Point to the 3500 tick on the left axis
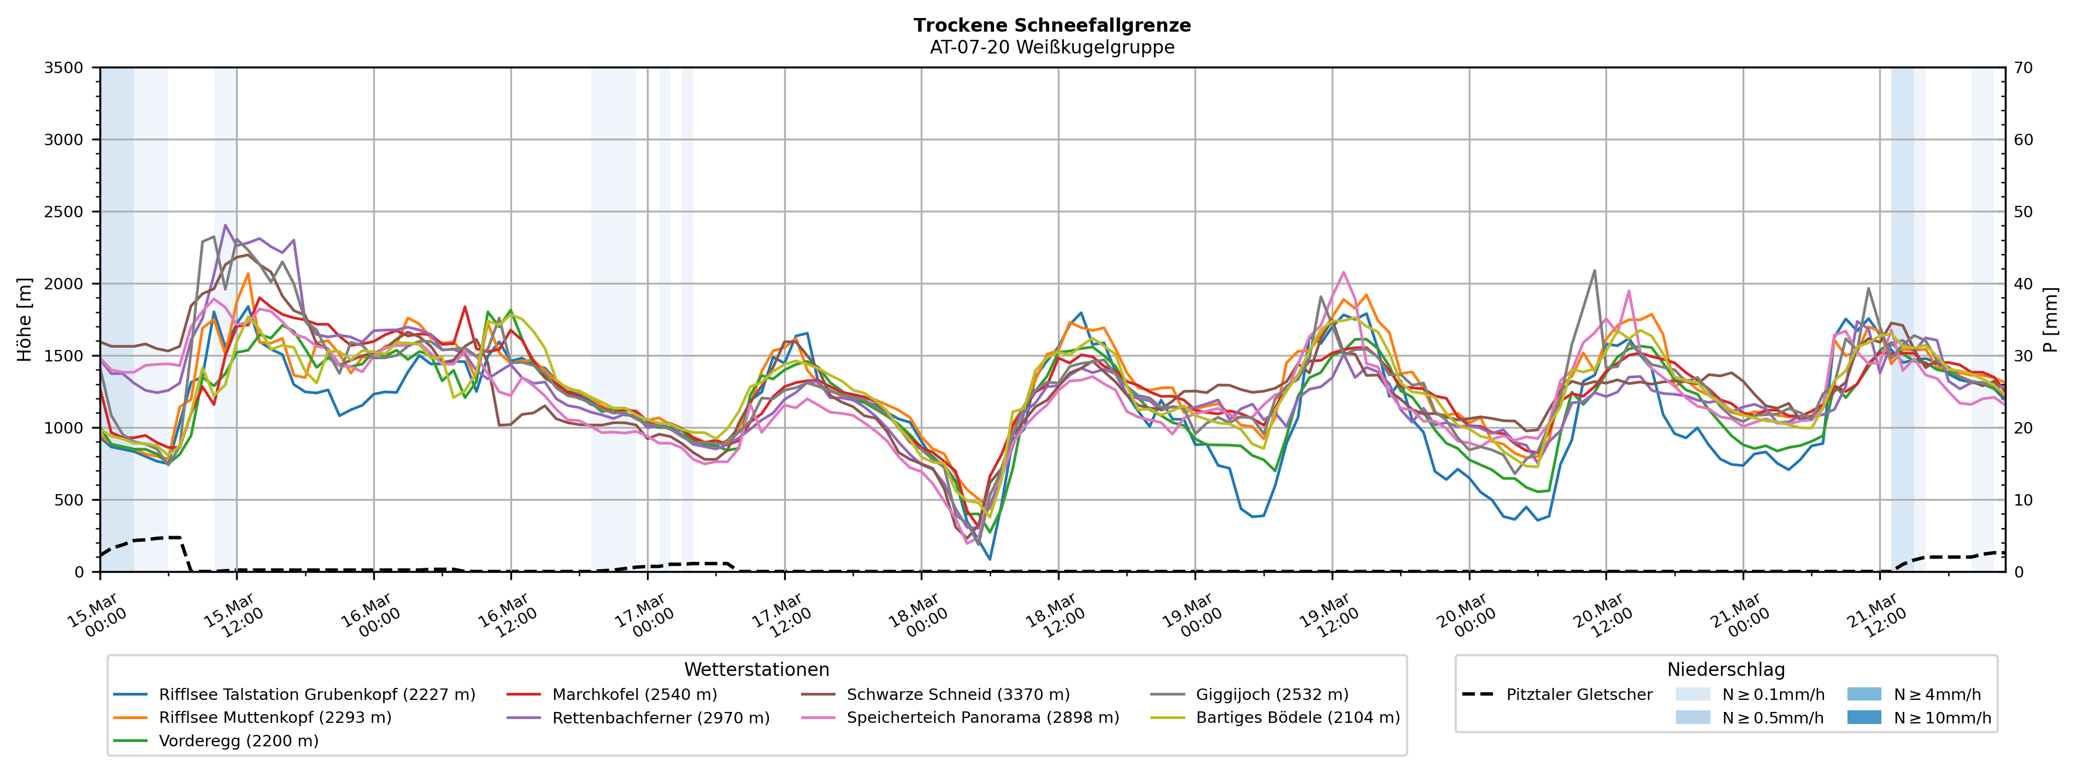[x=64, y=68]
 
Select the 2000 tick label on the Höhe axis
[x=64, y=284]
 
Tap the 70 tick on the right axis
[x=2024, y=68]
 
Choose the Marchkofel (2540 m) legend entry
[x=634, y=694]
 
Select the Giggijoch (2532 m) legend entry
[x=1272, y=694]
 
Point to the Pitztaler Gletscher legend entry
[x=1579, y=694]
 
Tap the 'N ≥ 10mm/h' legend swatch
[x=1863, y=717]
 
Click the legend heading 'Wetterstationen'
[x=756, y=670]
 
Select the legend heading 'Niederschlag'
[x=1726, y=670]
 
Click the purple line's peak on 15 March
[x=226, y=225]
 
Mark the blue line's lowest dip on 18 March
[x=989, y=559]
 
